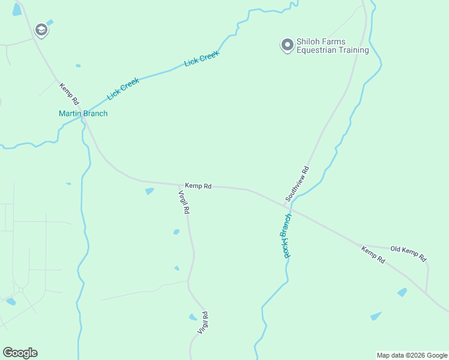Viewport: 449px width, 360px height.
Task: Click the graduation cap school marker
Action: click(x=41, y=30)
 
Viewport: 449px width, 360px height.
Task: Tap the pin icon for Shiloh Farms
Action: click(x=287, y=44)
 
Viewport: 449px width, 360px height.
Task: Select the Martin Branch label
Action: click(x=83, y=113)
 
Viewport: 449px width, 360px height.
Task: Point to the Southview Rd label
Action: click(x=297, y=183)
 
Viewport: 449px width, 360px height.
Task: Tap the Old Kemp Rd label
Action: click(x=408, y=253)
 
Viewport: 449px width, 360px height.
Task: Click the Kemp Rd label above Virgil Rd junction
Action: click(x=198, y=186)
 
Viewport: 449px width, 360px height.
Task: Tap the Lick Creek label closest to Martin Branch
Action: click(x=123, y=89)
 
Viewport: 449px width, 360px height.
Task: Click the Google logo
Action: click(x=20, y=353)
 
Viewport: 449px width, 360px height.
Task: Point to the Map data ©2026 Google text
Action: click(x=412, y=355)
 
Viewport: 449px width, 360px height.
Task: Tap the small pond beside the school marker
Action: click(x=50, y=23)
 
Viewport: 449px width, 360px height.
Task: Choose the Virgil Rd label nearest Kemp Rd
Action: click(x=184, y=202)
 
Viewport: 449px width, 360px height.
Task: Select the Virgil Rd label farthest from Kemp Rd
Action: click(x=202, y=323)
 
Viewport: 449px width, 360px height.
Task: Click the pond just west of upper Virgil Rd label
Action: click(x=149, y=191)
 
